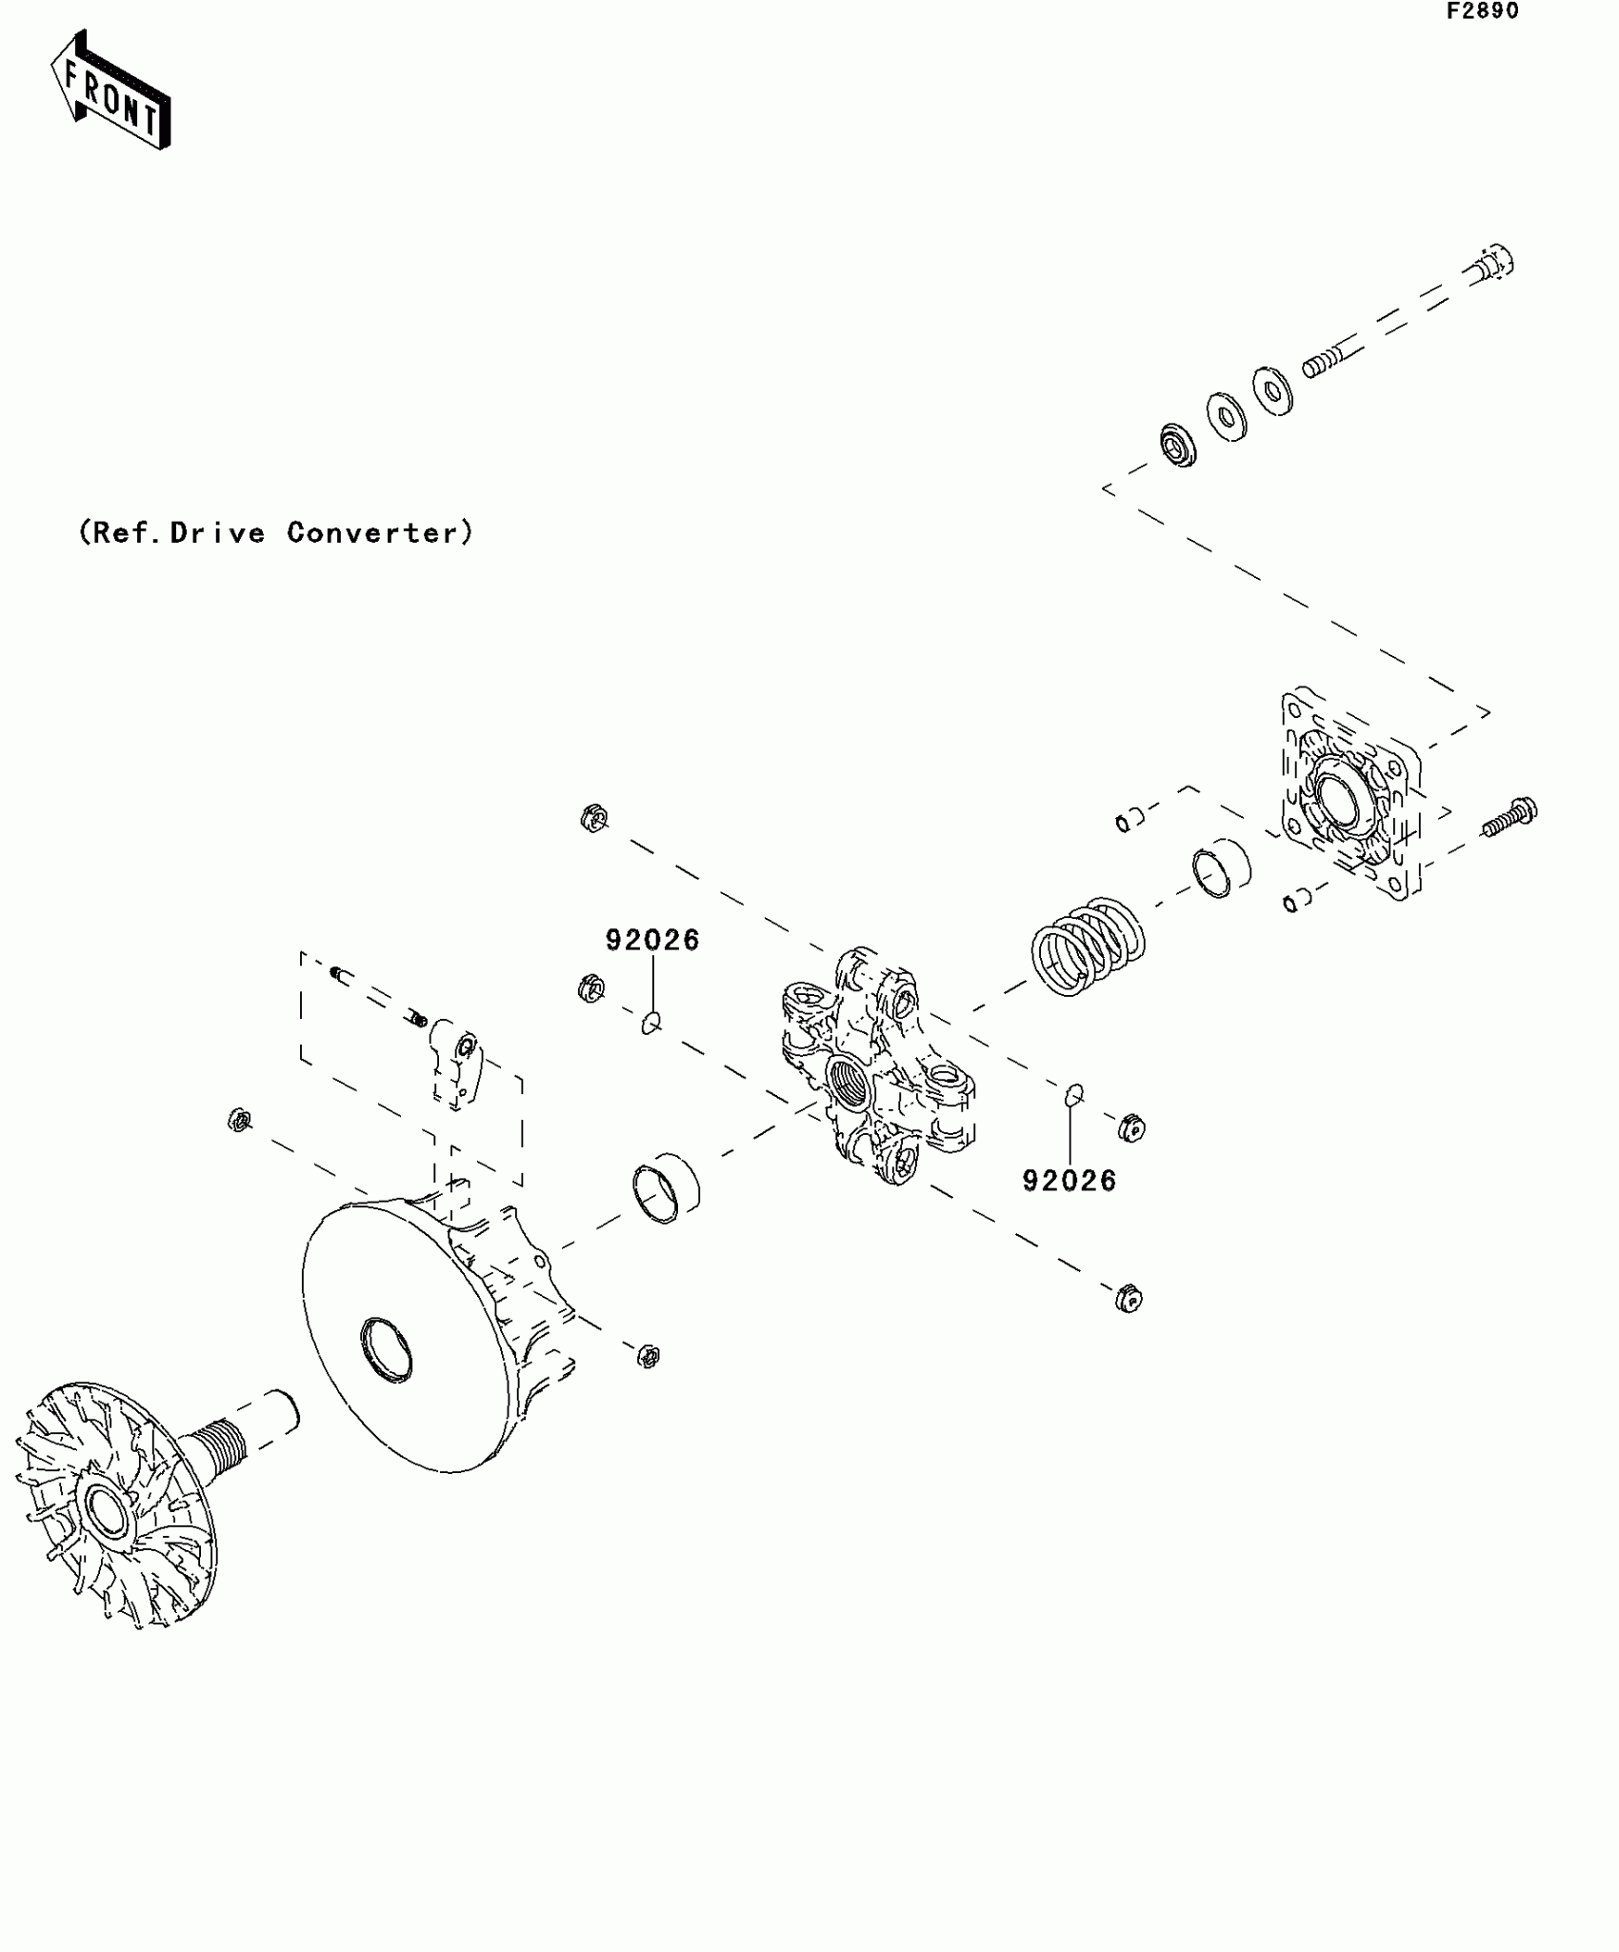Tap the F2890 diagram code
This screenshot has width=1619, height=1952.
click(1483, 11)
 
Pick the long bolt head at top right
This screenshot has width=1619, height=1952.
click(1494, 261)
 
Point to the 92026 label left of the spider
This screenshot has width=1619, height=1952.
click(652, 940)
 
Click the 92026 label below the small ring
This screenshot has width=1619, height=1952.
click(1069, 1181)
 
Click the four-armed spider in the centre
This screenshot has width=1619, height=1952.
click(876, 1066)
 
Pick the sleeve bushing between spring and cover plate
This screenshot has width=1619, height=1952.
click(1222, 868)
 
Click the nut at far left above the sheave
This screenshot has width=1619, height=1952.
click(238, 1120)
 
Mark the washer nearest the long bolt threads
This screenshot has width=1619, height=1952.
click(1272, 389)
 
